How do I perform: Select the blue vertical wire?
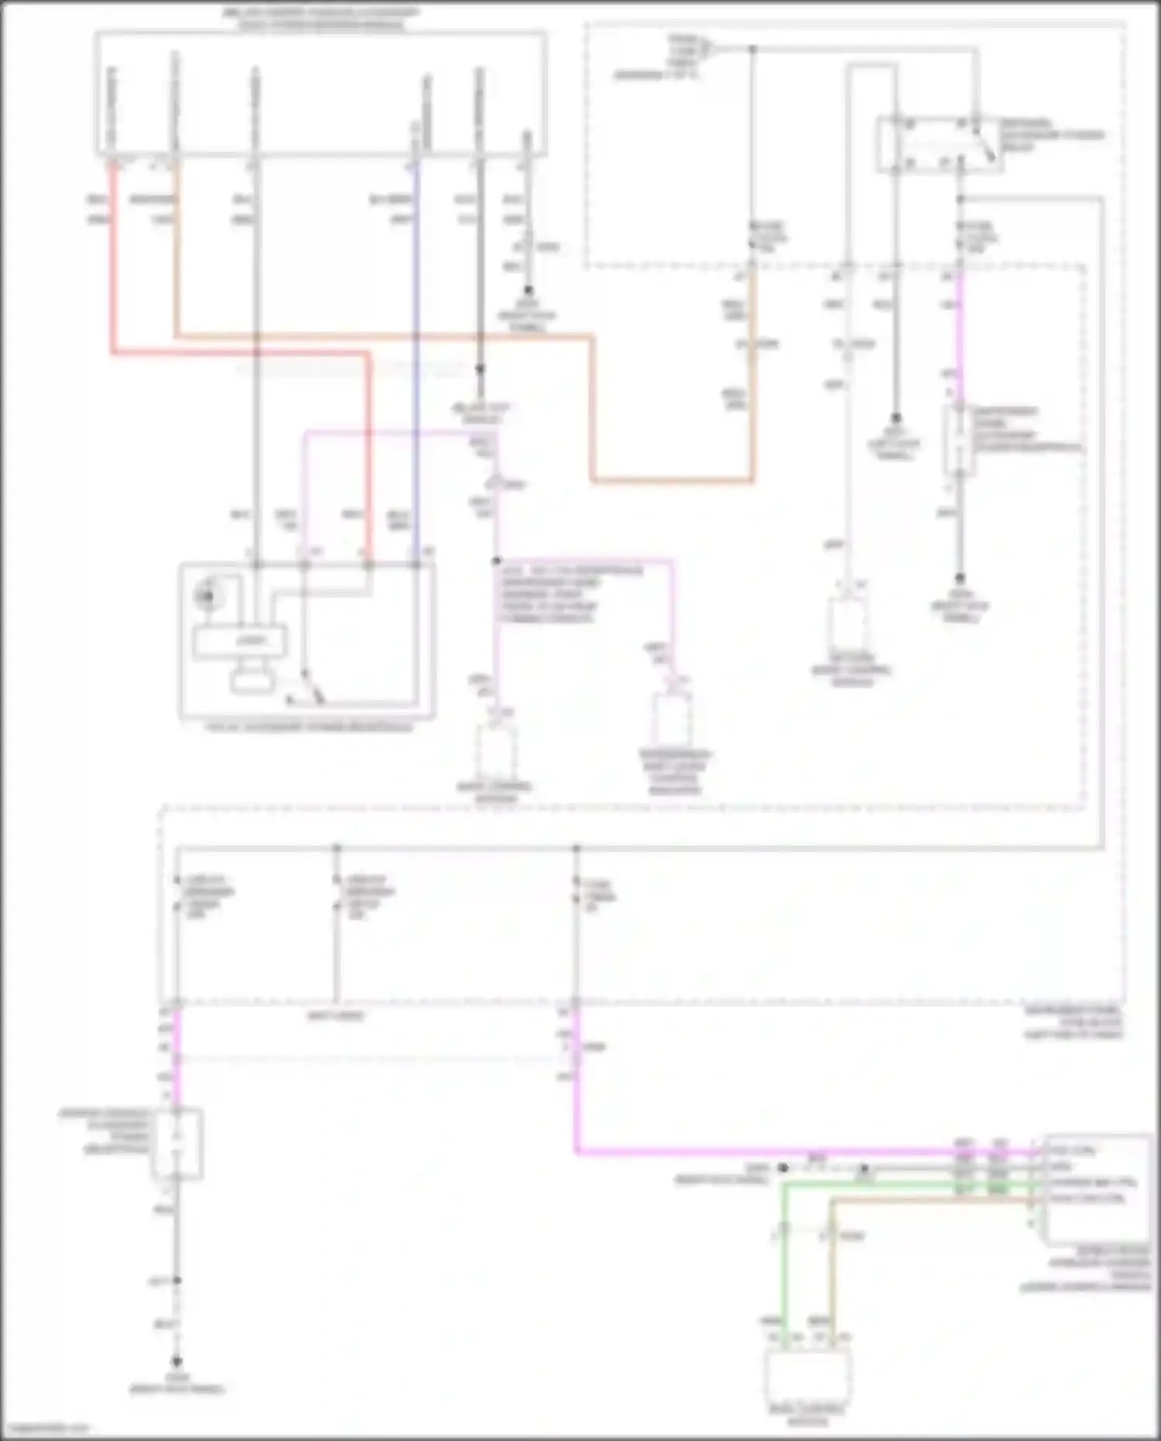tap(416, 348)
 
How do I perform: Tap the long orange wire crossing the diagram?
tap(387, 336)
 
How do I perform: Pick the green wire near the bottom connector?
tap(783, 1254)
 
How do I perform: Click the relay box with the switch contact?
tap(937, 144)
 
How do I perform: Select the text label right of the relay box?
tap(1050, 135)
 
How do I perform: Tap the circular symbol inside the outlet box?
tap(206, 595)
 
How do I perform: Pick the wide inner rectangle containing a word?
tap(240, 641)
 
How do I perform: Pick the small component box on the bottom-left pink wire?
tap(177, 1144)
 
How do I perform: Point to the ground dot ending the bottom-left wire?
tap(177, 1360)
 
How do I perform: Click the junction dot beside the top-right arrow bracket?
tap(752, 50)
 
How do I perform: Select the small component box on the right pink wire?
tap(958, 439)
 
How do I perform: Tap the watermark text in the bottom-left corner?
tap(46, 1427)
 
